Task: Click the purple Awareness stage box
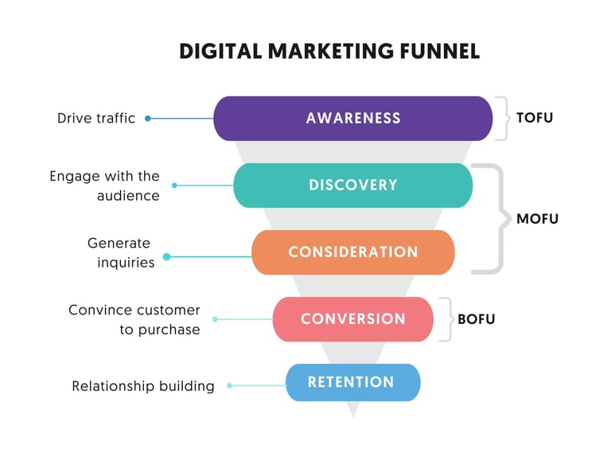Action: pos(353,119)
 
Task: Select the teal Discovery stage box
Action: pos(352,185)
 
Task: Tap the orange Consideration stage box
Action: pos(352,252)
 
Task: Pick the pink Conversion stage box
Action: pos(352,318)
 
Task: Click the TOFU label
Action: pos(534,118)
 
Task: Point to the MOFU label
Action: pos(538,218)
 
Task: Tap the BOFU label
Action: pos(476,319)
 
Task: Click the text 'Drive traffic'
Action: pos(96,118)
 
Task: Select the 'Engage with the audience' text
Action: pos(104,186)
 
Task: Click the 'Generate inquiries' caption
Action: pos(120,252)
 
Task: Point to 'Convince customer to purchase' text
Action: pos(134,319)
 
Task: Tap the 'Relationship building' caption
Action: pos(143,386)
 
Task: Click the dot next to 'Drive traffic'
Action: pos(148,119)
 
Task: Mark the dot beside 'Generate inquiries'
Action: pos(166,256)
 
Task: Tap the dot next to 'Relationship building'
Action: pos(229,385)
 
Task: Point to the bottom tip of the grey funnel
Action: pos(352,415)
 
